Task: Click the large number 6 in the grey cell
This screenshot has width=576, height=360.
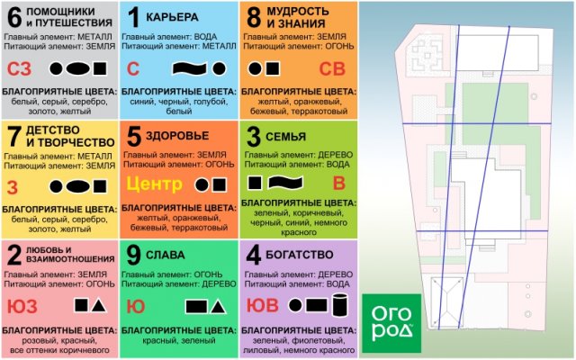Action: (14, 18)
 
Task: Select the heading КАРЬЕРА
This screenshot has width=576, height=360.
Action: (172, 17)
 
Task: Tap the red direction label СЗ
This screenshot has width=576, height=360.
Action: (20, 69)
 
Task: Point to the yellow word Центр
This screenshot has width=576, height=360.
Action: (155, 184)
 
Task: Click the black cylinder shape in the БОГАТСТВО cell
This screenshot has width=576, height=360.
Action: (340, 305)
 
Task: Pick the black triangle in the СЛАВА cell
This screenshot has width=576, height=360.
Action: (218, 307)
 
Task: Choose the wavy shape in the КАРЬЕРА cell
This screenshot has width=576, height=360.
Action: (190, 68)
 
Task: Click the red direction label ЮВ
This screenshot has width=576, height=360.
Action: (262, 306)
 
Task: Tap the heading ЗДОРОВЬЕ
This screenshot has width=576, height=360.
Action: (177, 136)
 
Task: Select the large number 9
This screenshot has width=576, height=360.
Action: (133, 255)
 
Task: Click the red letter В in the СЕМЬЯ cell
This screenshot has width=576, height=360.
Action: (339, 184)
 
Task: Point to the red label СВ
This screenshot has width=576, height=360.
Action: (332, 69)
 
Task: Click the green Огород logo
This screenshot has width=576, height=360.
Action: (391, 323)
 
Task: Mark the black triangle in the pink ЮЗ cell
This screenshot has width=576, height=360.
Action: (99, 306)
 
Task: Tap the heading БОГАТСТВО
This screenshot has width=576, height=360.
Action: (300, 255)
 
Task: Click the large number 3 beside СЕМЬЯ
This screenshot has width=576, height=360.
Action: (254, 137)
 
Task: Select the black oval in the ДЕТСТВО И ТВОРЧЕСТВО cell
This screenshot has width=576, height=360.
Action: (77, 186)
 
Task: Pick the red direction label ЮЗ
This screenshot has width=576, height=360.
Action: (22, 306)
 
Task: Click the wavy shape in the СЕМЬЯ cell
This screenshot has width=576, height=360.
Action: (285, 183)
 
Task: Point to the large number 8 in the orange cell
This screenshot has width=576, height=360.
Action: (254, 17)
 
